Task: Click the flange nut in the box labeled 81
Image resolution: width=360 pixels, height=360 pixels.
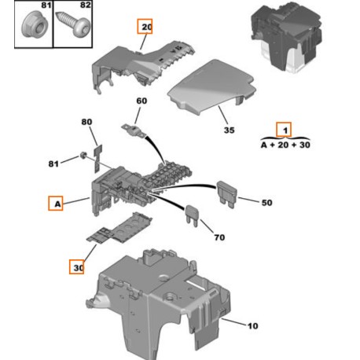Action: [x=35, y=27]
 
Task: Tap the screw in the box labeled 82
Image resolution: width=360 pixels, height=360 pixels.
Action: [x=74, y=24]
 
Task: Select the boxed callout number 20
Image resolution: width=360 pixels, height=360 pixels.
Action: [x=145, y=26]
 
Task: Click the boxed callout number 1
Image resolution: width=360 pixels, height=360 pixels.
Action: [x=284, y=130]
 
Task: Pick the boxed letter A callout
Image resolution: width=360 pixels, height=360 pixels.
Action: [x=56, y=204]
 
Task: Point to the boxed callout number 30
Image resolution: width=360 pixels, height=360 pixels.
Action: [x=76, y=267]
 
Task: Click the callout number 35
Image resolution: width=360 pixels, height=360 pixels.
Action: [x=230, y=130]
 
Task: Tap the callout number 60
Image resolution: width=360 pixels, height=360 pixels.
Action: [x=141, y=101]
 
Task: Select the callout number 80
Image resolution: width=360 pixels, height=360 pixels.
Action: [x=86, y=122]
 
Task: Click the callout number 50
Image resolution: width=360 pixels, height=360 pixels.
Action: [x=266, y=203]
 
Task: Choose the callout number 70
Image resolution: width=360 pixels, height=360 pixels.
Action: [x=219, y=237]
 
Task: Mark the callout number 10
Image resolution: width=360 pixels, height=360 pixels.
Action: [x=253, y=326]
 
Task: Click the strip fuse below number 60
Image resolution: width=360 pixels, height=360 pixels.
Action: [x=134, y=130]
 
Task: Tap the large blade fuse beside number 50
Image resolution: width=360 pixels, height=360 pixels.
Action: [x=226, y=194]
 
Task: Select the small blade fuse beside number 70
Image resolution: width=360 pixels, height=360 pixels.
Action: [x=193, y=215]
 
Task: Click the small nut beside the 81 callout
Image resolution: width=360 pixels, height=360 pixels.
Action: [x=83, y=155]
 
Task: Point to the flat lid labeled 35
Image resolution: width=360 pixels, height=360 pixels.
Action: [x=211, y=87]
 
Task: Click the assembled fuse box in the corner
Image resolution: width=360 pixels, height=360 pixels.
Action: [x=286, y=37]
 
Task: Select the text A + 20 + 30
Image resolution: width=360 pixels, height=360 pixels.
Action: [x=285, y=145]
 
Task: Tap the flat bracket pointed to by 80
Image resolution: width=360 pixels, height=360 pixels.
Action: [x=97, y=159]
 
